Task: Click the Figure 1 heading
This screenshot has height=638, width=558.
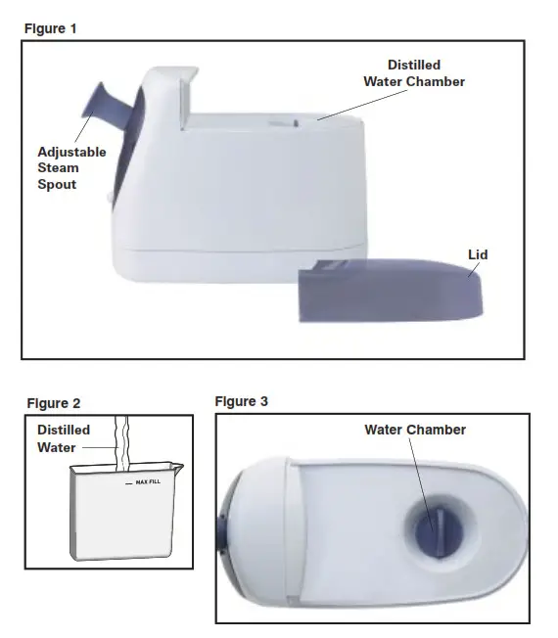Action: coord(50,28)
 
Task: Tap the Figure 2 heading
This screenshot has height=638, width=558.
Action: coord(54,403)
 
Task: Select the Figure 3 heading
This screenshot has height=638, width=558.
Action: coord(241,401)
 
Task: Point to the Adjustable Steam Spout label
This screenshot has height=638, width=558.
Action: coord(70,168)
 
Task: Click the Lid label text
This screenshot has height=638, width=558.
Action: coord(478,255)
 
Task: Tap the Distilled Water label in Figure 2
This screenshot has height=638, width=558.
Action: coord(64,438)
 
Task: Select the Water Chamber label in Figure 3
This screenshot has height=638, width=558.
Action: coord(415,430)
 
